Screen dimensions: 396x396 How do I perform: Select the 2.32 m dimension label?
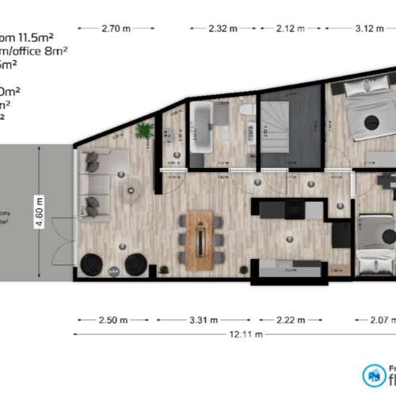click(x=223, y=29)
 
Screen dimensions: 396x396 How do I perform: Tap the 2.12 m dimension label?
click(x=290, y=29)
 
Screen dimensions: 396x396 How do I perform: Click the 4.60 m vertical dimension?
click(x=39, y=212)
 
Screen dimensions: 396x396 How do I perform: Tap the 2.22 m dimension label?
click(x=287, y=321)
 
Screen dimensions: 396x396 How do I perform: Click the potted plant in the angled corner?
click(x=143, y=130)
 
